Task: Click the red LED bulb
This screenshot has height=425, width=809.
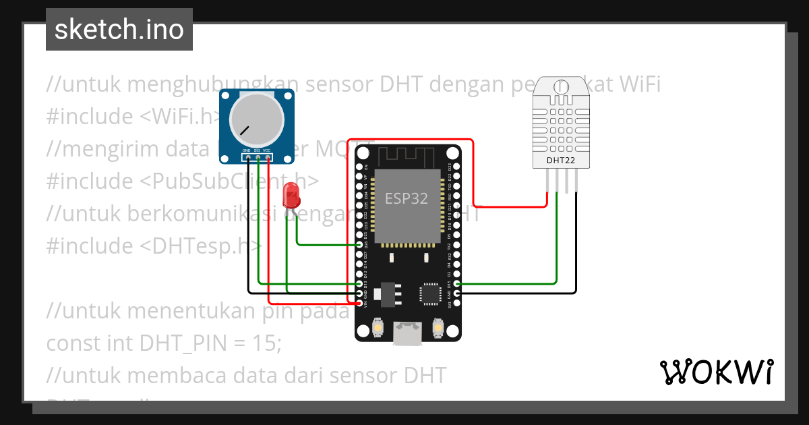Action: tap(292, 194)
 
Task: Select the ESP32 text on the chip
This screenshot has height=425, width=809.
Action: tap(407, 198)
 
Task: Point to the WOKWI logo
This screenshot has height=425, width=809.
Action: tap(716, 372)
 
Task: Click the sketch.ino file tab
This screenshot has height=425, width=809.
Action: tap(119, 30)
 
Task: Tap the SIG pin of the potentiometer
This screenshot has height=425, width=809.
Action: tap(258, 159)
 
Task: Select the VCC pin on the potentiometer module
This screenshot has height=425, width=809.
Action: tap(268, 159)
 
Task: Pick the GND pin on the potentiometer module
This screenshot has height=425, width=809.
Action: tap(248, 159)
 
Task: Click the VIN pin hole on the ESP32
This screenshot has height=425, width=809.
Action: tap(359, 304)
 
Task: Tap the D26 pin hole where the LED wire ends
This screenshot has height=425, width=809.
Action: tap(359, 245)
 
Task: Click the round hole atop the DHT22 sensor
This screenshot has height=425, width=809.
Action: tap(560, 86)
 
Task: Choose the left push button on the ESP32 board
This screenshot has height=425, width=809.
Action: tap(378, 329)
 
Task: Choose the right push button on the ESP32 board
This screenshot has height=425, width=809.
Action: tap(438, 329)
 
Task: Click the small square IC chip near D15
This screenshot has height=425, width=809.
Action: tap(429, 293)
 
